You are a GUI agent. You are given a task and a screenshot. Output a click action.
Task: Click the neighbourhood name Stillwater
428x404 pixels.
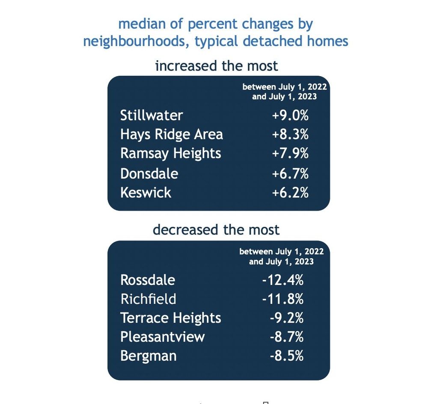(152, 115)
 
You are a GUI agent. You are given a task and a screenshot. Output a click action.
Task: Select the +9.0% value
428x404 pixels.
(290, 115)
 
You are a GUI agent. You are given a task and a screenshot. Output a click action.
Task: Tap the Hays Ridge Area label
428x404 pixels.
(172, 134)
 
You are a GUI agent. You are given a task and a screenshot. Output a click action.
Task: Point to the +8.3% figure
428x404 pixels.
(290, 134)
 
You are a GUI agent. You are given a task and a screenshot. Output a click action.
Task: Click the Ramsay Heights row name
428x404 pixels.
(171, 153)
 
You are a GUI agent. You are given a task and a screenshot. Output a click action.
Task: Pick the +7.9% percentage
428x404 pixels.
(290, 153)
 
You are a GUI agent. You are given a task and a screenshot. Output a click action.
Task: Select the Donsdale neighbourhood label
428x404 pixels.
(149, 173)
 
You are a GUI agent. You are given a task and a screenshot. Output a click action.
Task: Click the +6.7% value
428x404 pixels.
(290, 173)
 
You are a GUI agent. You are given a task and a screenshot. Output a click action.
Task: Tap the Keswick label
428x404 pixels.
(146, 192)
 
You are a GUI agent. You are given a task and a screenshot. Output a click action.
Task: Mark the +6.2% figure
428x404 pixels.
(290, 192)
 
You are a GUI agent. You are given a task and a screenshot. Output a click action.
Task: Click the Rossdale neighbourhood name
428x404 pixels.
(148, 280)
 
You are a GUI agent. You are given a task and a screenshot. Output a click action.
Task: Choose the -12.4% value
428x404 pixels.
(283, 280)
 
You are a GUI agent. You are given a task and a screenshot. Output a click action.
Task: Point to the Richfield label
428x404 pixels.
(148, 299)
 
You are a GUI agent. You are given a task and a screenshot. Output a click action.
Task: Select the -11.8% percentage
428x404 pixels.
(283, 299)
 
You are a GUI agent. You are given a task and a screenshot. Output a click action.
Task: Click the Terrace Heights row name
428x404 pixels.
(171, 318)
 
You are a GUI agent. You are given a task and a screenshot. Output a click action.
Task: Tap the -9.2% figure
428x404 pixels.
(286, 318)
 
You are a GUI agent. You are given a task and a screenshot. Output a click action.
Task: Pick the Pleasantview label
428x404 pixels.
(163, 337)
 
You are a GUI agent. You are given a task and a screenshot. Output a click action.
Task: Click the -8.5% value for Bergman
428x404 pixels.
(286, 356)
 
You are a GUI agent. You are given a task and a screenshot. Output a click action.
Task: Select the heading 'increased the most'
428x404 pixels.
(217, 66)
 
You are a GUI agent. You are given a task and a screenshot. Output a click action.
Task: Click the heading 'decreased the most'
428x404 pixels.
(216, 230)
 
